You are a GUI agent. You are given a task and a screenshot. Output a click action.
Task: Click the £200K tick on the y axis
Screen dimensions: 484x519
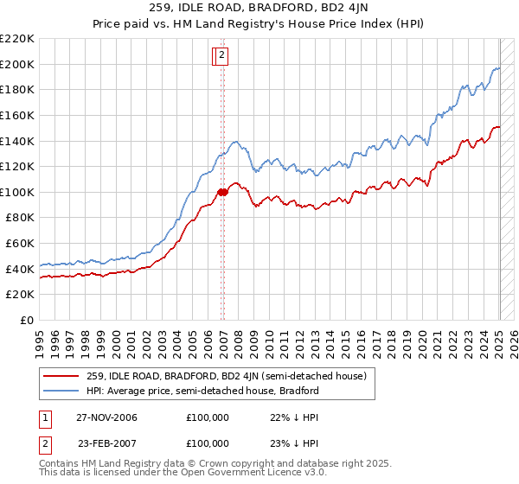click(x=18, y=64)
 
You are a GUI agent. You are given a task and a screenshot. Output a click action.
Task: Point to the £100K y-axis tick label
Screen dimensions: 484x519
click(x=18, y=192)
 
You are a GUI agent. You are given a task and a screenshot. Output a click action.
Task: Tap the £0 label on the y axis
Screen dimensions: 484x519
click(x=28, y=321)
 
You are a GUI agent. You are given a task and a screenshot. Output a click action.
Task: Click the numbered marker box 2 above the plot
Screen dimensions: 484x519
click(x=221, y=56)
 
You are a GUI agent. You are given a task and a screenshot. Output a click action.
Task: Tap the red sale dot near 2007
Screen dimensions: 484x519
click(x=223, y=192)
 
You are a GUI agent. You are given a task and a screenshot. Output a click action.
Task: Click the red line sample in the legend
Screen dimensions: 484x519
click(x=61, y=376)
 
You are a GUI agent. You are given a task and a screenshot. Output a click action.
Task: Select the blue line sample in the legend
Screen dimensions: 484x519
click(x=61, y=391)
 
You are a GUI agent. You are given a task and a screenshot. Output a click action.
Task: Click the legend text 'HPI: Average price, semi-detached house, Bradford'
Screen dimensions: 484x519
click(x=203, y=391)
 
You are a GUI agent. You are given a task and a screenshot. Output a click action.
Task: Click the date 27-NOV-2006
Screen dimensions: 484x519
click(x=106, y=417)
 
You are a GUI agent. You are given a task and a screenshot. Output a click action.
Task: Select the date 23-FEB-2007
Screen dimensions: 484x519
click(x=106, y=443)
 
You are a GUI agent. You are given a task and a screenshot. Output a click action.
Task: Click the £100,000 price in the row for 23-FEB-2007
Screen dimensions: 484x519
click(x=208, y=443)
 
